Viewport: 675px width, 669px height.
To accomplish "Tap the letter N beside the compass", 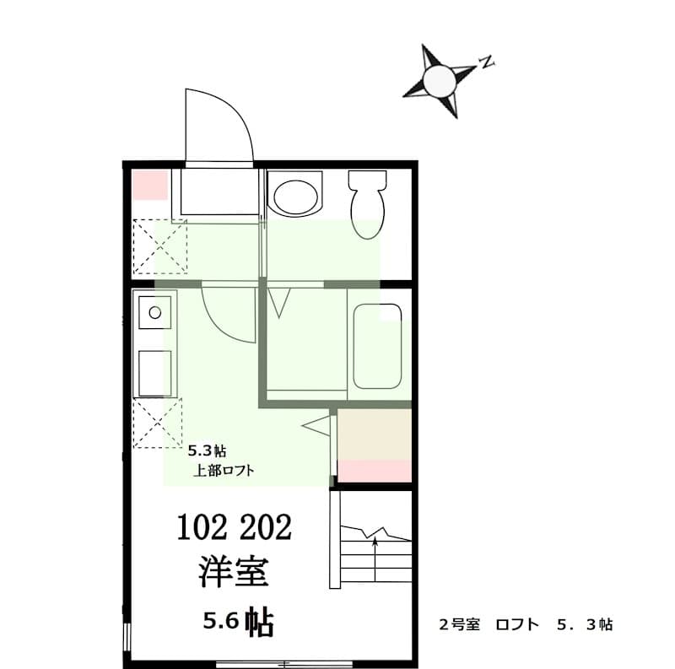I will coord(485,61).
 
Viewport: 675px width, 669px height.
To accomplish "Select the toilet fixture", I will coord(367,202).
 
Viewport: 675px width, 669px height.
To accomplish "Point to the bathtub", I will coord(377,346).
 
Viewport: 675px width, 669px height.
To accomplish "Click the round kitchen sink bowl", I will coord(154,312).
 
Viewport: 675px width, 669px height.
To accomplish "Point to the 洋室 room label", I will coord(234,572).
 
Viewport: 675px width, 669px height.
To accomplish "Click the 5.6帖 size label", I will coord(235,623).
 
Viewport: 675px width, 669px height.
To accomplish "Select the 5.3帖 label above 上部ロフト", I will coord(206,450).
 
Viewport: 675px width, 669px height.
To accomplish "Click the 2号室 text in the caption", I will coord(459,625).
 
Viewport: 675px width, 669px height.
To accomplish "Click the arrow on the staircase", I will coord(374,557).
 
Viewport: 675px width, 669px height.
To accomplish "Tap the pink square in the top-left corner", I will coord(149,185).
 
